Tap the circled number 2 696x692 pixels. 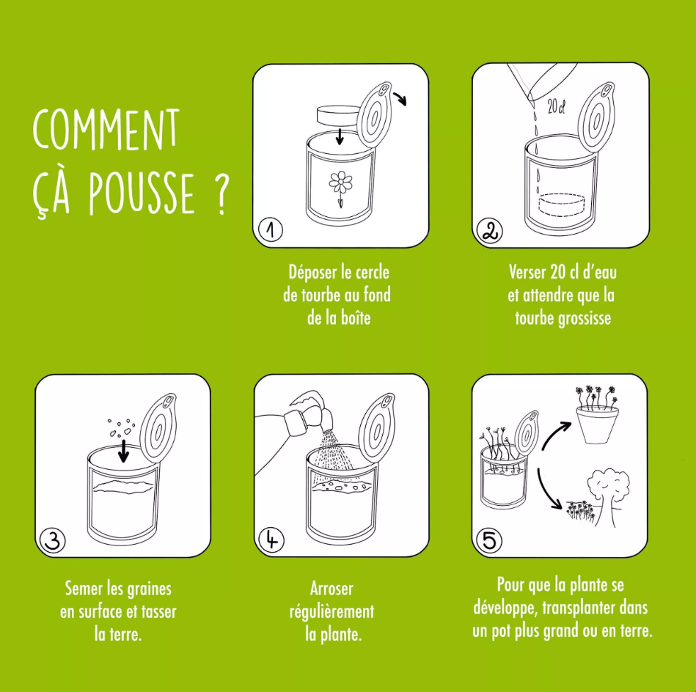pyautogui.click(x=489, y=230)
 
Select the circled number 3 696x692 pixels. pyautogui.click(x=52, y=540)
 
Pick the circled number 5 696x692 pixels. pyautogui.click(x=489, y=540)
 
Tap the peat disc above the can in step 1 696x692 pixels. pyautogui.click(x=337, y=115)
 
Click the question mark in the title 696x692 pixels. pyautogui.click(x=222, y=196)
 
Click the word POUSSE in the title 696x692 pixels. pyautogui.click(x=142, y=196)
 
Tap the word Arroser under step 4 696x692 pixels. pyautogui.click(x=331, y=589)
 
